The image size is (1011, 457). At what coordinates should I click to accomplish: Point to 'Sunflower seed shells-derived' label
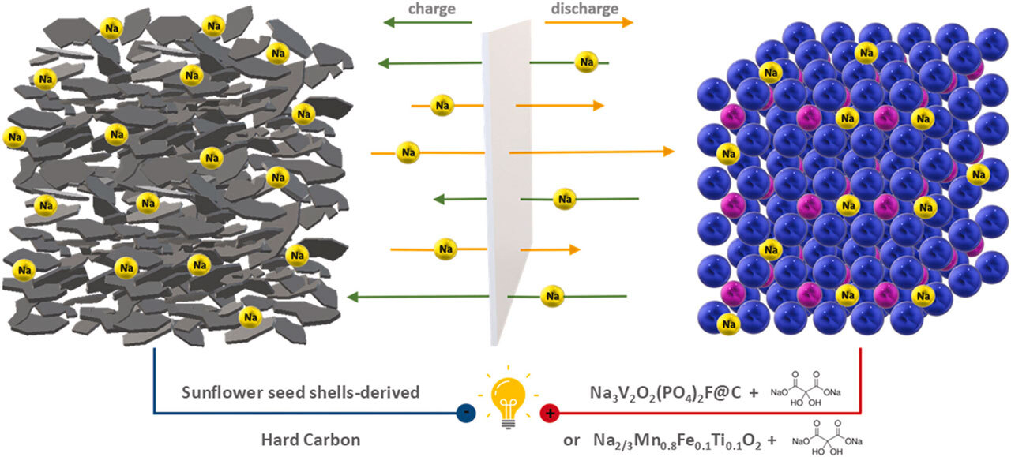tap(300, 393)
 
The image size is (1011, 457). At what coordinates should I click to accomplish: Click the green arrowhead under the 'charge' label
tap(389, 23)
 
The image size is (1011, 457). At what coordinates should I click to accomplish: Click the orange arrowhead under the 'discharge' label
tap(627, 23)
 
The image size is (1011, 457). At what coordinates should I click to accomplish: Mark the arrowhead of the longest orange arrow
tap(669, 151)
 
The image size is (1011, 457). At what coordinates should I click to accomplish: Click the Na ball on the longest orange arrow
tap(408, 150)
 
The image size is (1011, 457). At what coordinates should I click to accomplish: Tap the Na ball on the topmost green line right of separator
tap(585, 62)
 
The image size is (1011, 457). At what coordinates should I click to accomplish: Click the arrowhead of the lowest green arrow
tap(354, 298)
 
